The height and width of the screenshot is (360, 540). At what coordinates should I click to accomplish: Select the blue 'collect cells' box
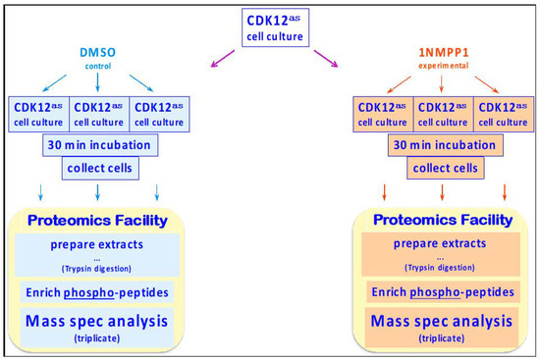[x=99, y=168]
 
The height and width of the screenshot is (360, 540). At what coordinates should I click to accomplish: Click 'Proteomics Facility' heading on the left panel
[x=98, y=221]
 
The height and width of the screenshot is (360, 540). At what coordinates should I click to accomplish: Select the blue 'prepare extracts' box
[x=98, y=255]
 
